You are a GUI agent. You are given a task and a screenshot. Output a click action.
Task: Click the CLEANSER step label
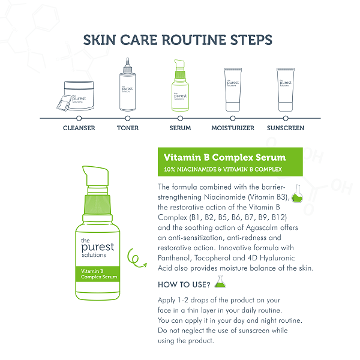click(x=79, y=128)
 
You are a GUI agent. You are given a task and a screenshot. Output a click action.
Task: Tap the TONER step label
click(x=128, y=128)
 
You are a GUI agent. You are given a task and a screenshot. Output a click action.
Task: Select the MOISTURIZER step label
click(x=233, y=128)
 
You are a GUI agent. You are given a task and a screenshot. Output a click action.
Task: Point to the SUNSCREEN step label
click(x=286, y=128)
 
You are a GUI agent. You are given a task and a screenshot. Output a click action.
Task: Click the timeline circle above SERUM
click(x=180, y=118)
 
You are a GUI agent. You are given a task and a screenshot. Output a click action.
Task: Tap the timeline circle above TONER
click(x=128, y=118)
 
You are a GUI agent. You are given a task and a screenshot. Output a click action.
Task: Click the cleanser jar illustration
click(x=76, y=96)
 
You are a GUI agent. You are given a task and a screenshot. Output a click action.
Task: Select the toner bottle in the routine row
click(x=127, y=85)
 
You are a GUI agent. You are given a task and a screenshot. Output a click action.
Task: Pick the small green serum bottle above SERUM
click(x=180, y=85)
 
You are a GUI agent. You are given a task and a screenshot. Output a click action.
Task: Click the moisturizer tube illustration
click(x=233, y=89)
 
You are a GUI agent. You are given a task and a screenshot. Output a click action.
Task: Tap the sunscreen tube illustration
click(x=286, y=89)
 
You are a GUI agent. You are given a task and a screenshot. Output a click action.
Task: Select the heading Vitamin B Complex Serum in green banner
click(x=224, y=157)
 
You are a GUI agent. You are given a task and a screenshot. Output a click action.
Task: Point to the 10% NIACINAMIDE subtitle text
click(x=223, y=169)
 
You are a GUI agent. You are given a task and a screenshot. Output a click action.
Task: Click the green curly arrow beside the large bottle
click(x=136, y=258)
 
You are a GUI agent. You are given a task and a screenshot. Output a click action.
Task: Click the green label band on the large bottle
click(x=98, y=274)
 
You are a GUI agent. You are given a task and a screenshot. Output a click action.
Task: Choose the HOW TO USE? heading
click(x=184, y=284)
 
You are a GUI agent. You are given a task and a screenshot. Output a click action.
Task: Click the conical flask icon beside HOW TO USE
click(x=220, y=281)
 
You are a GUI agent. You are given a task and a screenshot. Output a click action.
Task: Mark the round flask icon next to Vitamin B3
click(x=297, y=194)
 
